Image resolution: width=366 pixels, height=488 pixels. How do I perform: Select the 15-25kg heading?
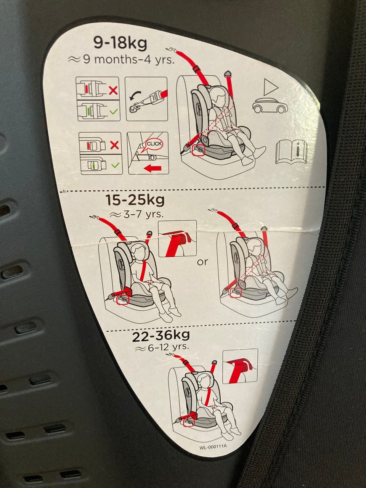[135, 200]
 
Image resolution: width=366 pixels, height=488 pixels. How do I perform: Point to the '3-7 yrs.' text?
[136, 215]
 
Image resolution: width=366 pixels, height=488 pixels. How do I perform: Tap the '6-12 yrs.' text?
[162, 347]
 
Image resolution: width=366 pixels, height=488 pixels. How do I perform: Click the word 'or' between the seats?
[202, 262]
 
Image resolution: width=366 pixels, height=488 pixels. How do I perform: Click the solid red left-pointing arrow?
[152, 168]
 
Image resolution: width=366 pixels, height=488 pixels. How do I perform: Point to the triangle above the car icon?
[270, 87]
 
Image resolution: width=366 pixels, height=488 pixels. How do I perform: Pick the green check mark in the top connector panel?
[114, 111]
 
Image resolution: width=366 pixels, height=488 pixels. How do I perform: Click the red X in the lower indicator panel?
[114, 145]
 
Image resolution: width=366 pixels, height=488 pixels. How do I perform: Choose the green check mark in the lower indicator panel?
[116, 165]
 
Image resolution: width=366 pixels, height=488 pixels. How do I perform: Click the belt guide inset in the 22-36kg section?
[240, 366]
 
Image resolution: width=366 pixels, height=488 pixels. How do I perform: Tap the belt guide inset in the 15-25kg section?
[178, 238]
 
